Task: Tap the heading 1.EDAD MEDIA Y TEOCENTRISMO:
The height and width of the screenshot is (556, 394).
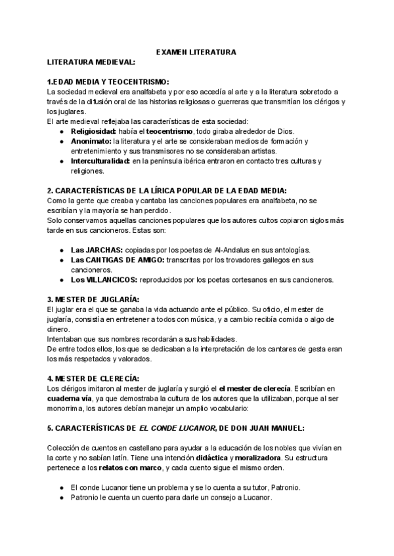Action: pos(108,82)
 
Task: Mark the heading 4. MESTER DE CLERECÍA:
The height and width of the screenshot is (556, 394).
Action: pos(93,378)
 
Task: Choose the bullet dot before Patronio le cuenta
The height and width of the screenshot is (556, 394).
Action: pos(61,498)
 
